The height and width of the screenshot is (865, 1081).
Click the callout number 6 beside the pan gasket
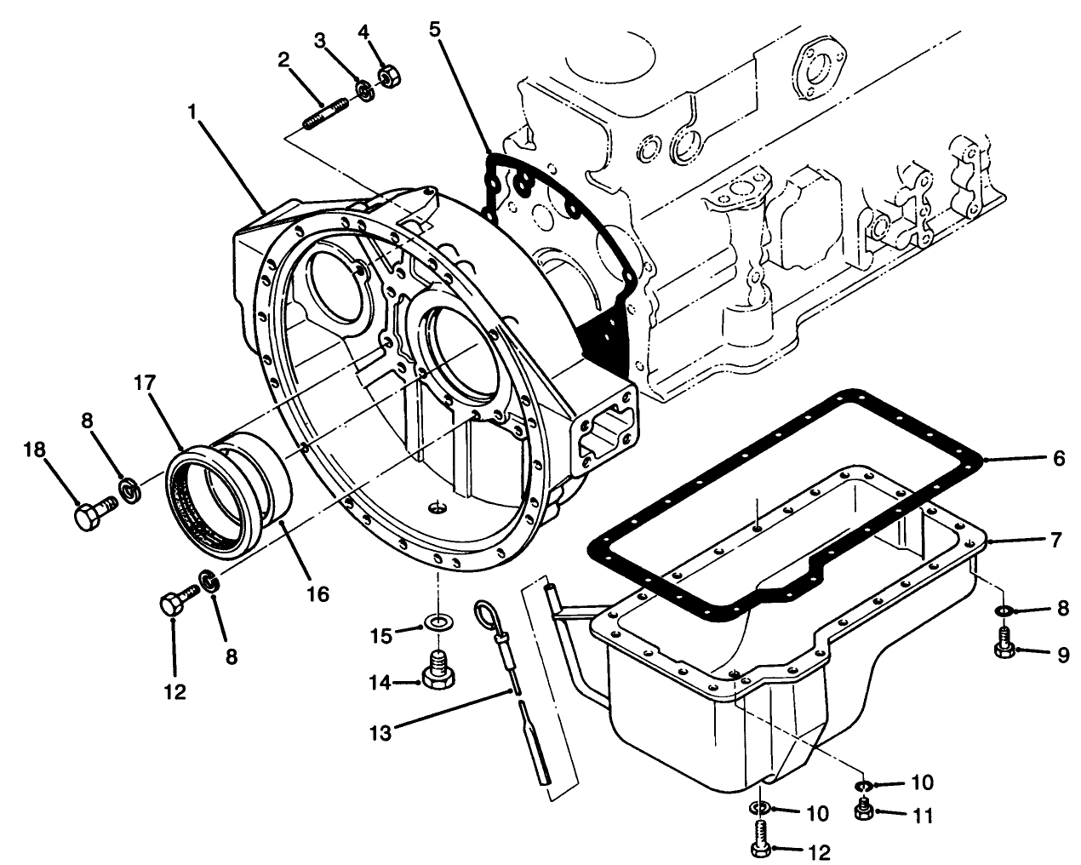[1058, 458]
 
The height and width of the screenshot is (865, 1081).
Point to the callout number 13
[380, 730]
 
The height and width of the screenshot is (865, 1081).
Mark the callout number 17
[141, 384]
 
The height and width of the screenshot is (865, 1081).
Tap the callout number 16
[317, 593]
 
